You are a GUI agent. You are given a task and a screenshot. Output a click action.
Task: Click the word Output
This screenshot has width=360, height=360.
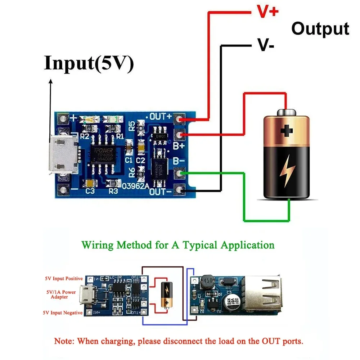[320, 28]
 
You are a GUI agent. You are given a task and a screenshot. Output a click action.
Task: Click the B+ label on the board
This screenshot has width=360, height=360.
[179, 146]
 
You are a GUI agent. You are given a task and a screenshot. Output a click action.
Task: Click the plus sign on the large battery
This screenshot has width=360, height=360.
[287, 130]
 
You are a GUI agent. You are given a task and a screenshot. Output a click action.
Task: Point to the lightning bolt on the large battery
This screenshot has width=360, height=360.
[287, 171]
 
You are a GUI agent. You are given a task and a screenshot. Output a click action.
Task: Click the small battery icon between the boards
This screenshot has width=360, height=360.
[166, 294]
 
